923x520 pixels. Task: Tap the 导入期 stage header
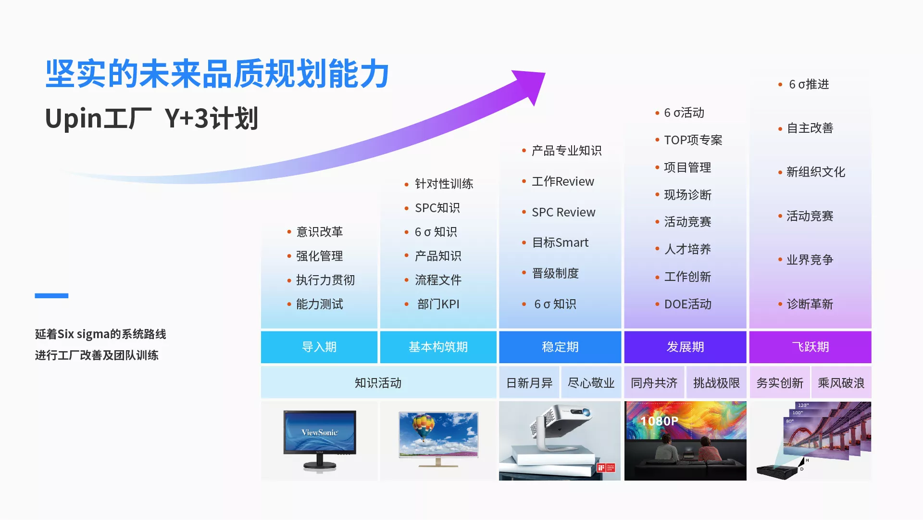click(x=319, y=347)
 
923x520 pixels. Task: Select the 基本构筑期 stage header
click(x=438, y=347)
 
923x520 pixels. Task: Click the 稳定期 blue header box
click(x=560, y=347)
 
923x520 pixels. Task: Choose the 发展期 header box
click(x=685, y=347)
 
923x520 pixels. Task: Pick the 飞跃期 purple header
click(x=810, y=347)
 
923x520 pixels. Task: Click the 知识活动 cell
click(x=378, y=383)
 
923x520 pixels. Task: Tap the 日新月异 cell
click(x=529, y=383)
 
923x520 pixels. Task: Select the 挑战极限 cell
click(x=716, y=383)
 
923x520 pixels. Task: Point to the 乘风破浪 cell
click(x=841, y=383)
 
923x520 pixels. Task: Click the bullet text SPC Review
click(x=563, y=212)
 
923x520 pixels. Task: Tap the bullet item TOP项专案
click(x=693, y=140)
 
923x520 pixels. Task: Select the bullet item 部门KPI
click(x=438, y=304)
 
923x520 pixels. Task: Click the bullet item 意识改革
click(x=320, y=232)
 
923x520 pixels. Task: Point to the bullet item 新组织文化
click(x=816, y=172)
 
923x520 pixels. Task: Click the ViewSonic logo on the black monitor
click(x=320, y=432)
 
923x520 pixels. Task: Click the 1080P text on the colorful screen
click(x=659, y=421)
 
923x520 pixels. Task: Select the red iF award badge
click(x=606, y=468)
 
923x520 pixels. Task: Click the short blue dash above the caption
click(x=51, y=295)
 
